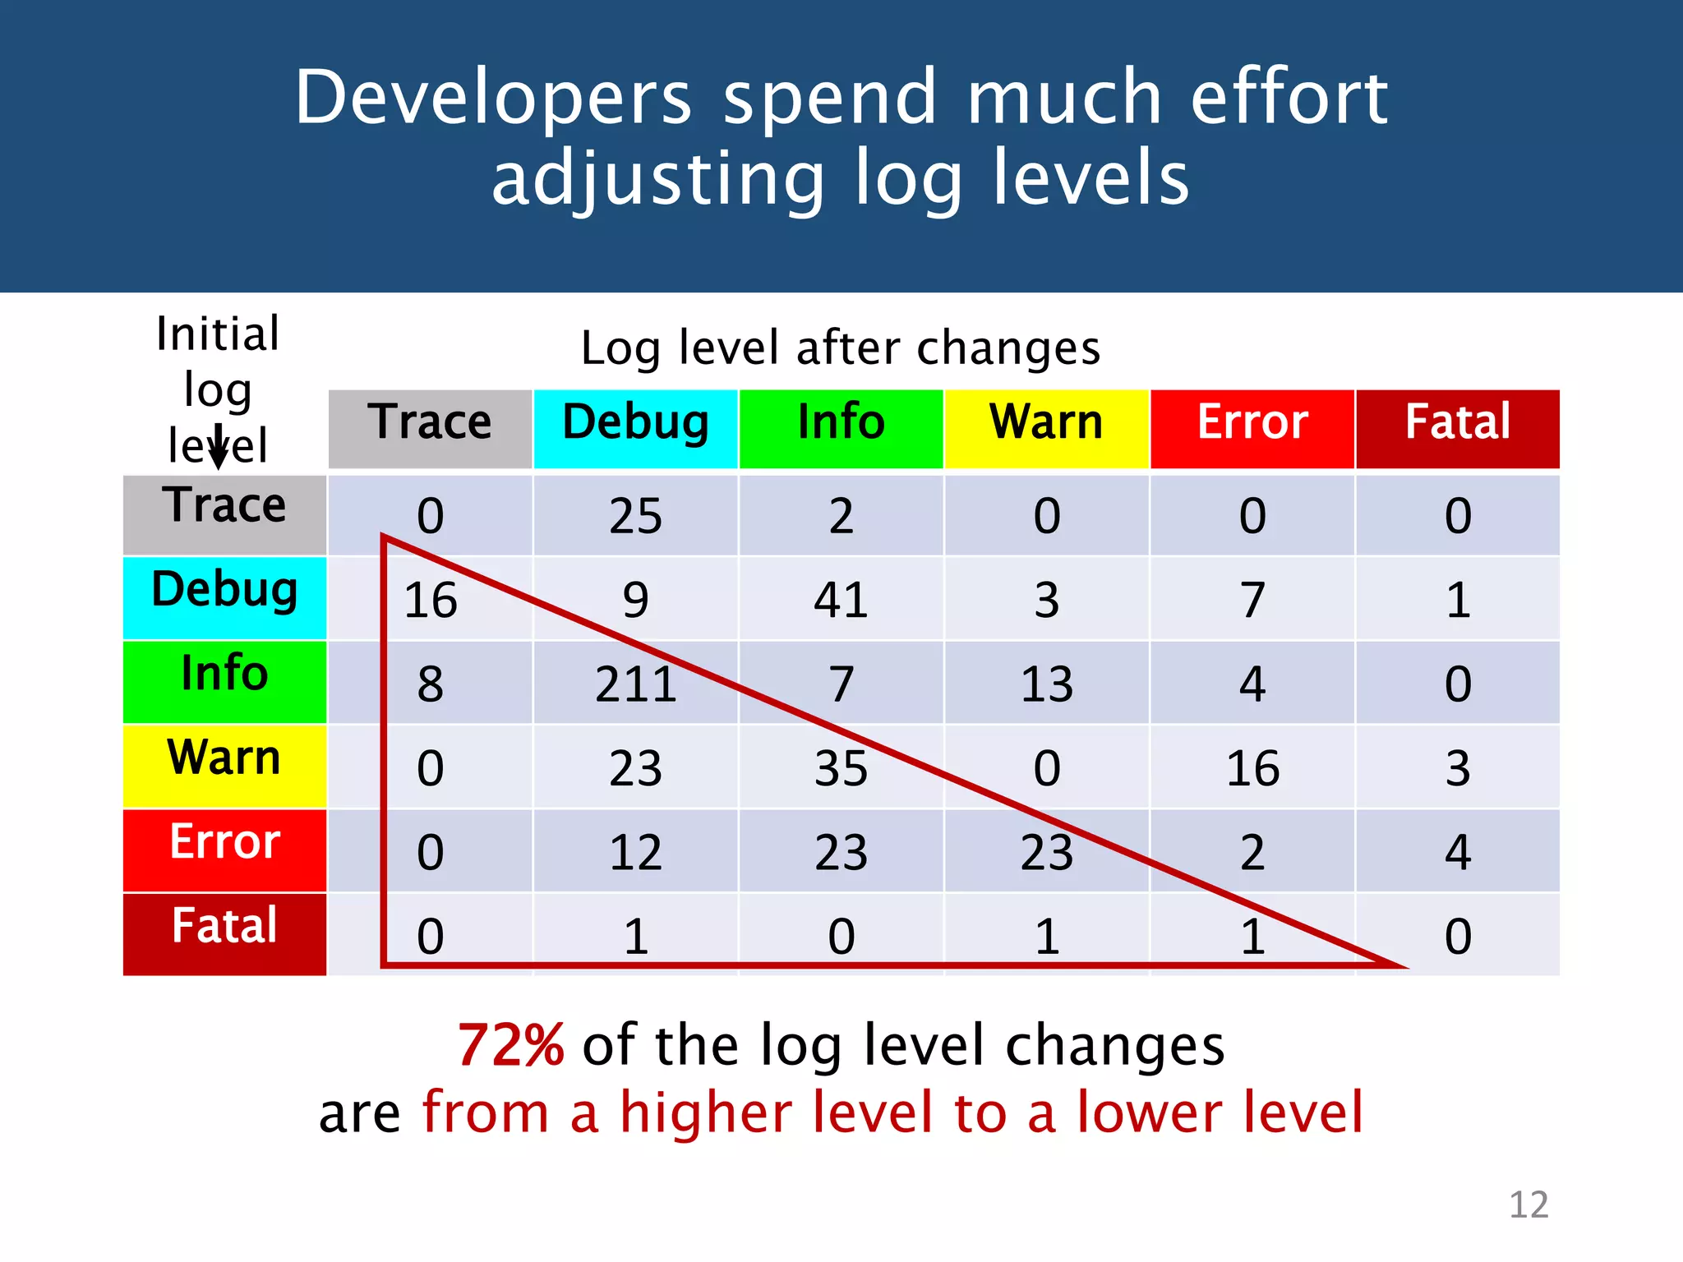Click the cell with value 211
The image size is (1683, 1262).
tap(635, 684)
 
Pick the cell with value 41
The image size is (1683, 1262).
tap(841, 600)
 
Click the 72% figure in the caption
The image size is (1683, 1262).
tap(510, 1046)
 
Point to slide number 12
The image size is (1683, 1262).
tap(1528, 1205)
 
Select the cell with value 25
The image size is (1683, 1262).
tap(635, 516)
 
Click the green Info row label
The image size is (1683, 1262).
tap(224, 680)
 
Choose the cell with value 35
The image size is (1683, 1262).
tap(841, 768)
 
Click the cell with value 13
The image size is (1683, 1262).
tap(1046, 684)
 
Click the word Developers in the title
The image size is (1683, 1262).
tap(493, 99)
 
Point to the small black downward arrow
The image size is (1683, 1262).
tap(219, 449)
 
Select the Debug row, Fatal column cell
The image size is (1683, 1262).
tap(1457, 600)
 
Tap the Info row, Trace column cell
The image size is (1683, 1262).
tap(430, 684)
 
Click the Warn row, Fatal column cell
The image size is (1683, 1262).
tap(1457, 768)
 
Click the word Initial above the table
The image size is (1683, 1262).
tap(218, 334)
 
